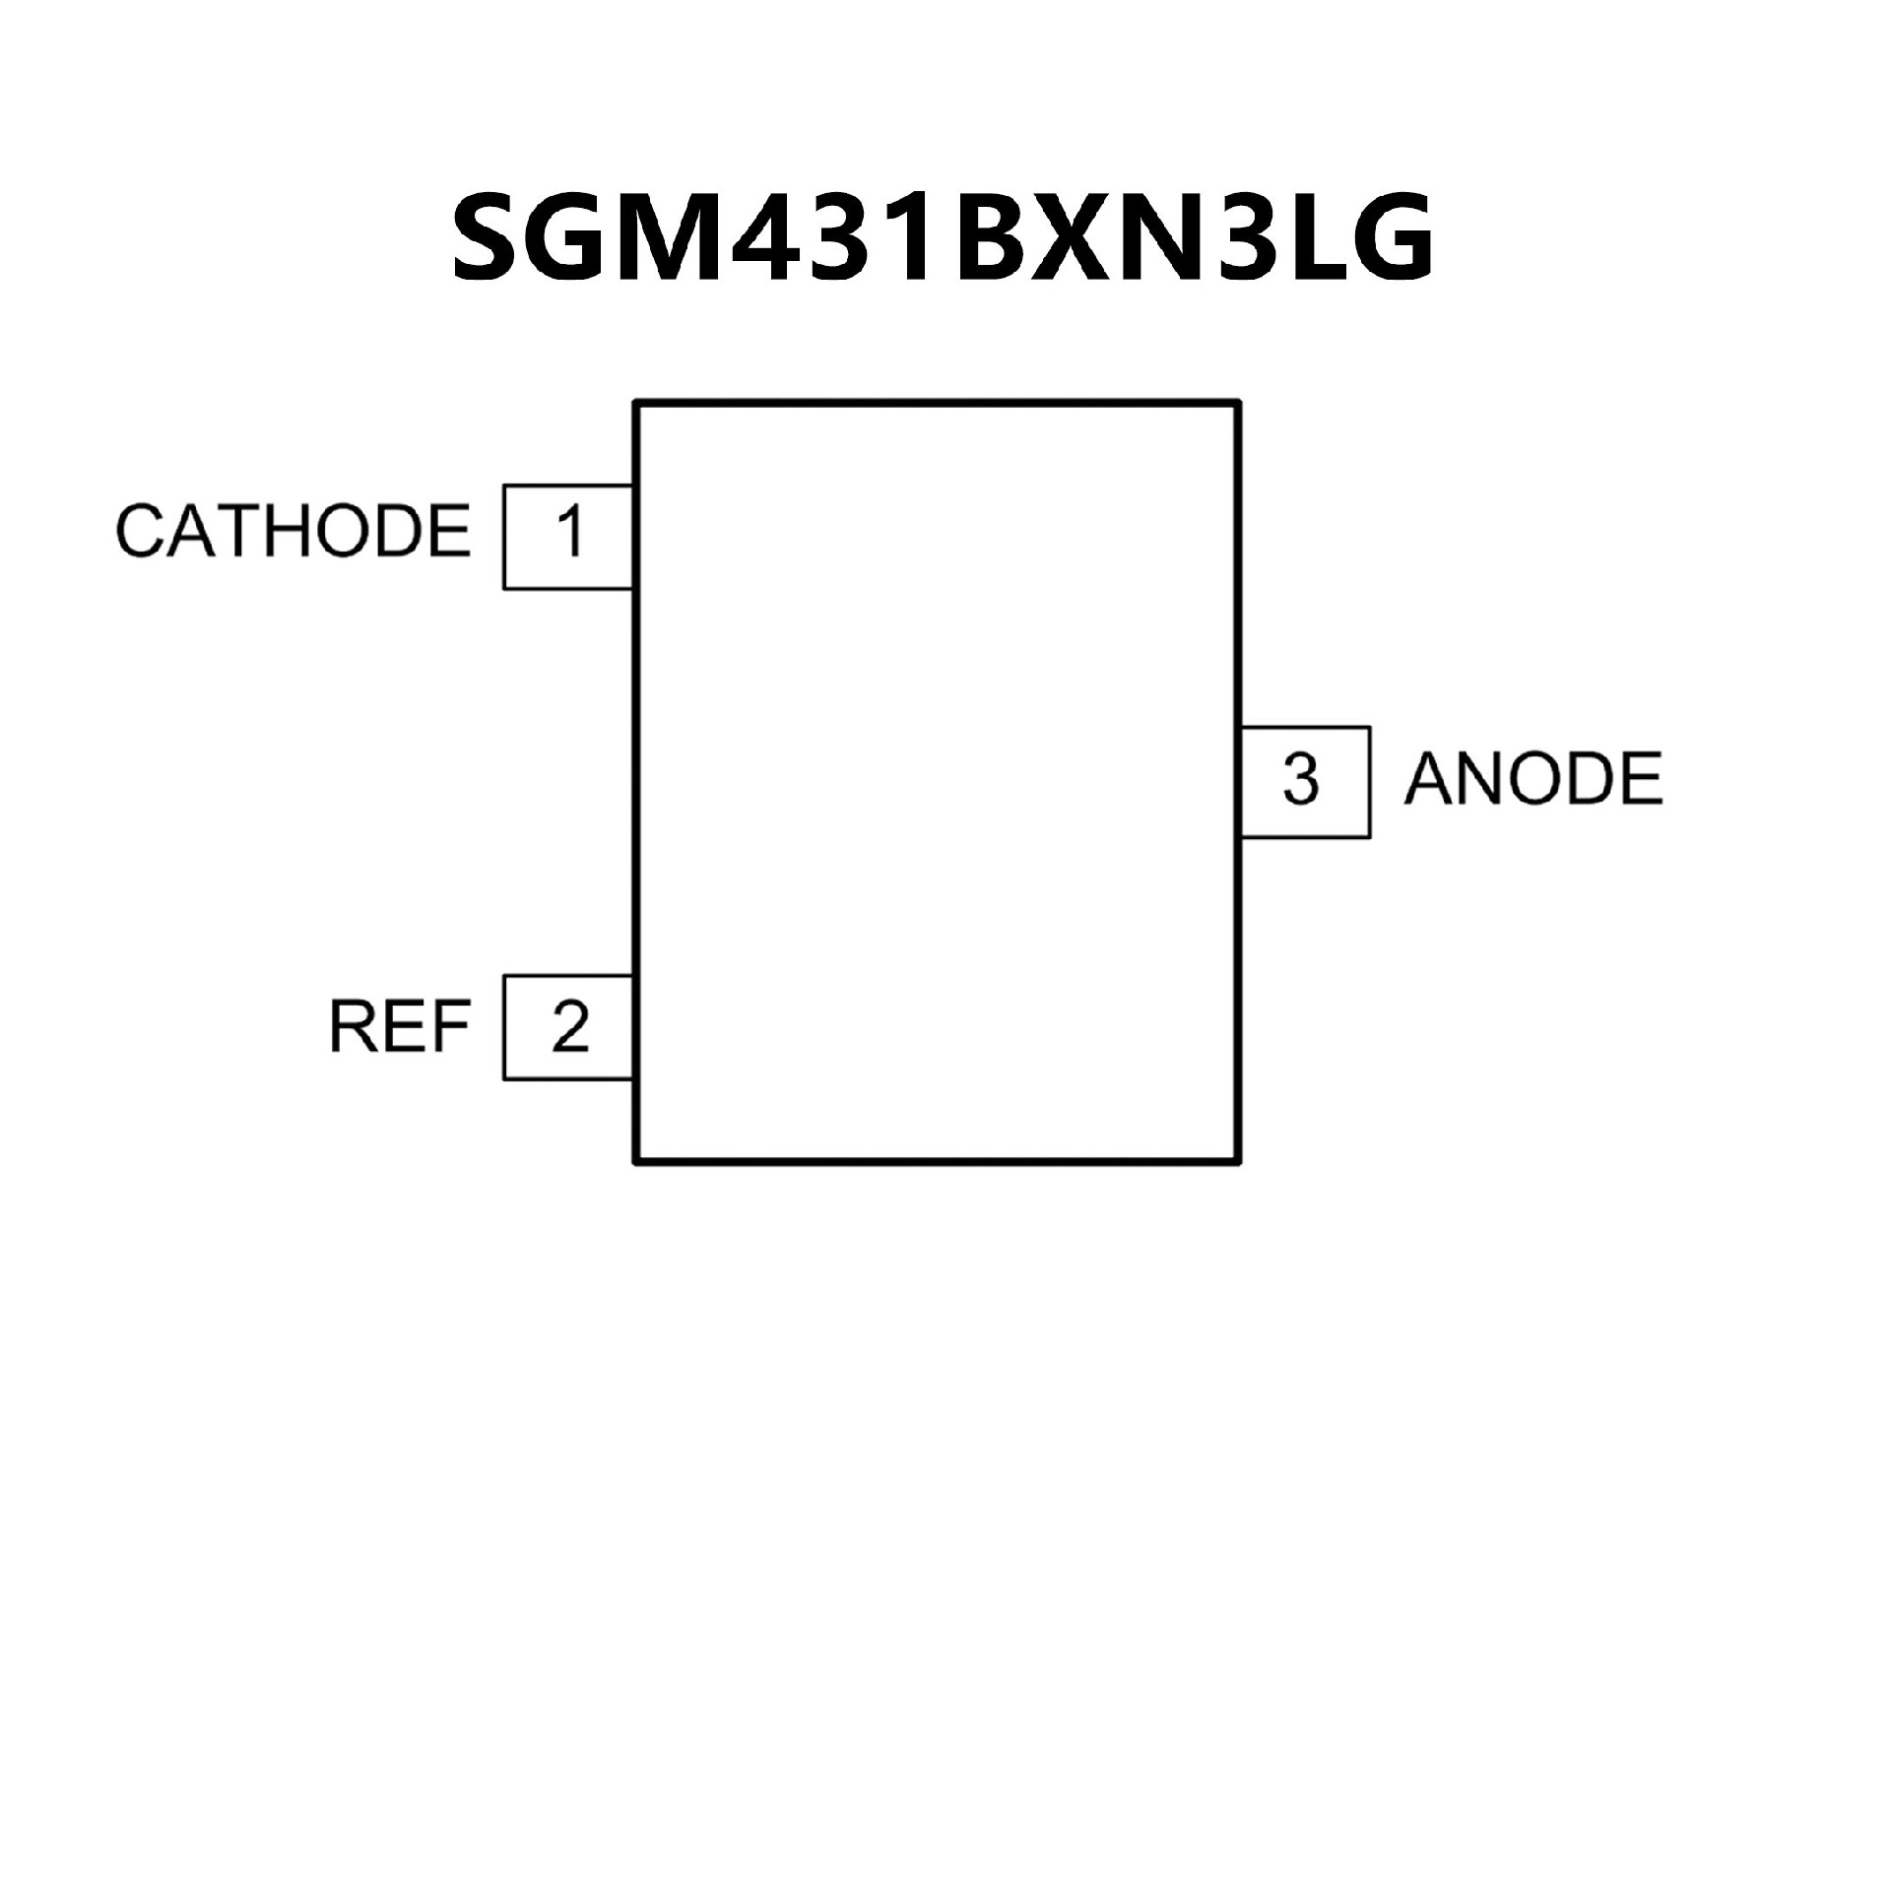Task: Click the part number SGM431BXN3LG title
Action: [x=943, y=236]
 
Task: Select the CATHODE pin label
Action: [x=293, y=532]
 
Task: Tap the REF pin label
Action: [x=399, y=1027]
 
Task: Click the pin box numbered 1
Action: [x=568, y=537]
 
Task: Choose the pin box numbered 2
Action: [x=568, y=1027]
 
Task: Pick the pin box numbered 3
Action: [x=1304, y=782]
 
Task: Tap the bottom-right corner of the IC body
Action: [x=1238, y=1163]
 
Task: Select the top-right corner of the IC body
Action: [x=1238, y=402]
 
